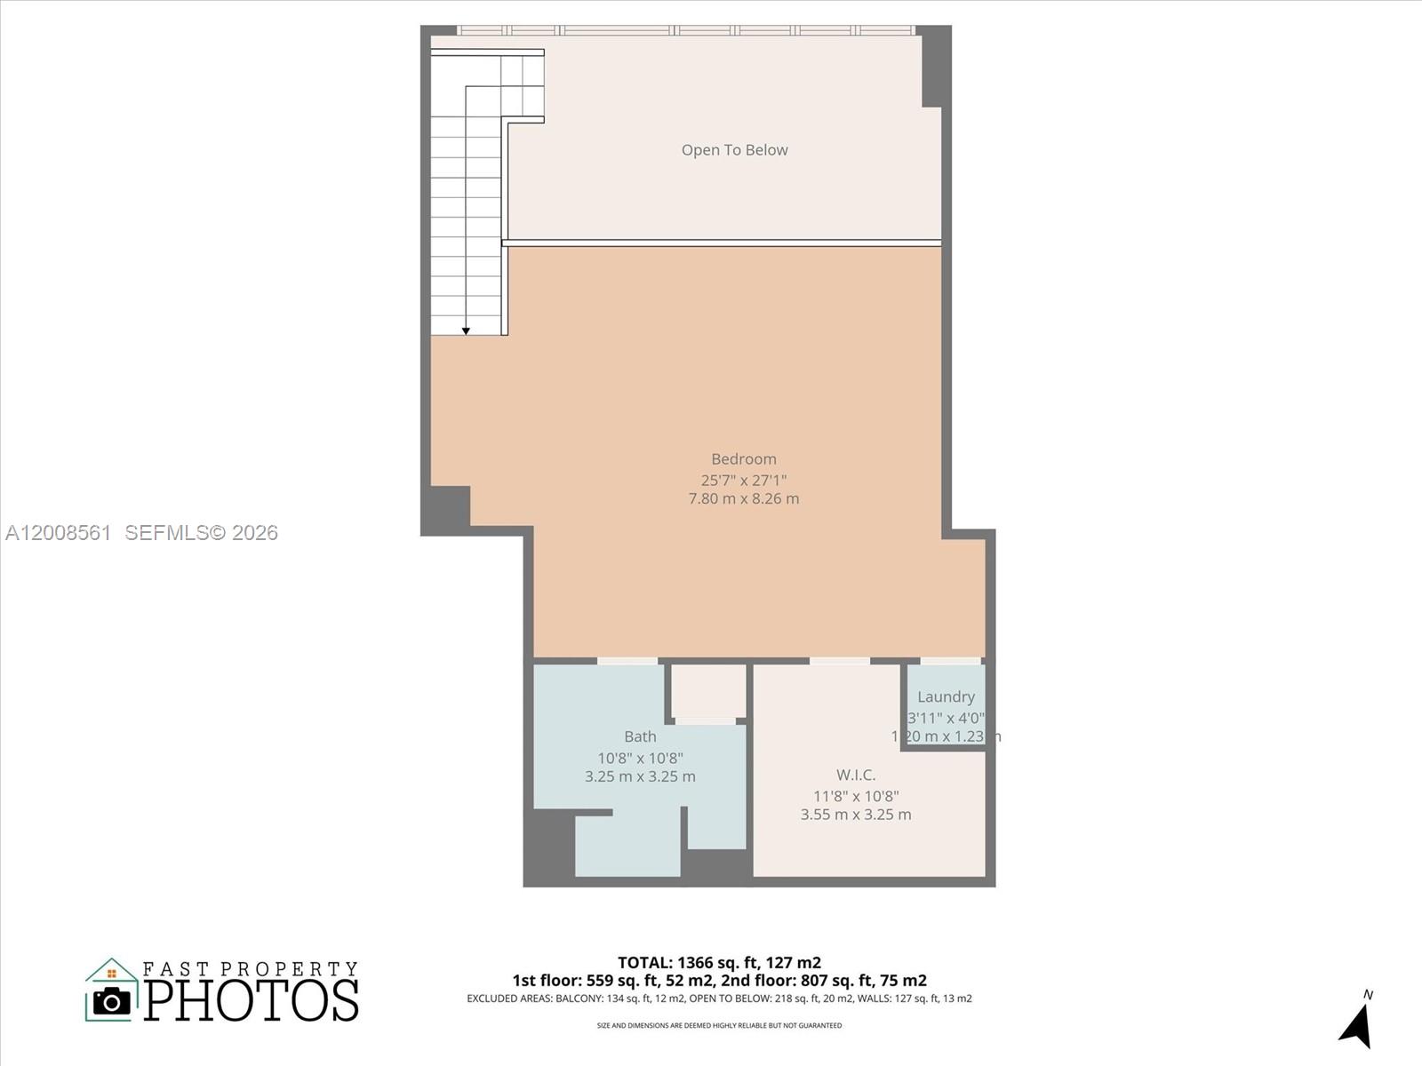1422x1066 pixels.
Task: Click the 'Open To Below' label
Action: pyautogui.click(x=734, y=150)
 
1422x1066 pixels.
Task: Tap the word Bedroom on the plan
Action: pyautogui.click(x=743, y=459)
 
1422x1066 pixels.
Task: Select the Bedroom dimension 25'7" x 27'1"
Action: pyautogui.click(x=743, y=480)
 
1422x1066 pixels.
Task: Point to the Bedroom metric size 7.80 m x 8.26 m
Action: pyautogui.click(x=743, y=499)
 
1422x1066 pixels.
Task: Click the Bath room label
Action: pyautogui.click(x=640, y=736)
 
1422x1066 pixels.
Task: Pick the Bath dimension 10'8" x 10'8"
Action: pyautogui.click(x=640, y=758)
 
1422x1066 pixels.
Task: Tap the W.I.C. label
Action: pyautogui.click(x=855, y=776)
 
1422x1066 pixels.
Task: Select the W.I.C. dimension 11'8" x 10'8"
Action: pyautogui.click(x=855, y=796)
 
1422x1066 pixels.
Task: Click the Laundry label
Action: pyautogui.click(x=946, y=697)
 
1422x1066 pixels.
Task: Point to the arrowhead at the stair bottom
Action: pyautogui.click(x=466, y=331)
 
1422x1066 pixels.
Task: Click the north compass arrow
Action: pyautogui.click(x=1357, y=1026)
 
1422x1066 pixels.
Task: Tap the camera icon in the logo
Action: pyautogui.click(x=112, y=1001)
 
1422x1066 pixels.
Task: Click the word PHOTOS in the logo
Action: pyautogui.click(x=252, y=1000)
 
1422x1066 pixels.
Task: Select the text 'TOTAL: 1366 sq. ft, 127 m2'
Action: pyautogui.click(x=719, y=962)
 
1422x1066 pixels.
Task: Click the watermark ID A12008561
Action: pyautogui.click(x=59, y=533)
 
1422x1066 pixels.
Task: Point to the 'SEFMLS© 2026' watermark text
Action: pyautogui.click(x=202, y=533)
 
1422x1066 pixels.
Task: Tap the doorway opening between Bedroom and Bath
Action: pyautogui.click(x=627, y=661)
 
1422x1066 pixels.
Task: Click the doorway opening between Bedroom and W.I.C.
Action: pyautogui.click(x=839, y=661)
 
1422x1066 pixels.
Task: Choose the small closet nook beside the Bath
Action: pyautogui.click(x=707, y=691)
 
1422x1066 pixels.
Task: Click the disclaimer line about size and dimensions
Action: pyautogui.click(x=719, y=1026)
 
